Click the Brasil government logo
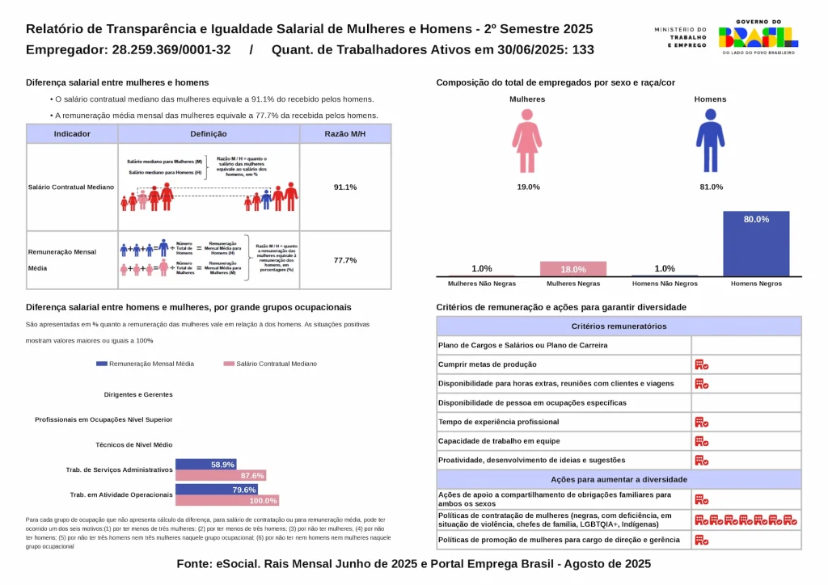pyautogui.click(x=758, y=36)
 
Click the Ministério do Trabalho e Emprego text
pyautogui.click(x=680, y=36)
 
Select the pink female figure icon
pyautogui.click(x=527, y=141)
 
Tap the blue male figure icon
pyautogui.click(x=710, y=141)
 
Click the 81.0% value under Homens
pyautogui.click(x=711, y=187)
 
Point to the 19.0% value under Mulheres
pyautogui.click(x=528, y=187)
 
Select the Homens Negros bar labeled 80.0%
pyautogui.click(x=756, y=243)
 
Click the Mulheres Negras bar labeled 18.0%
pyautogui.click(x=573, y=269)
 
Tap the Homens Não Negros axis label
pyautogui.click(x=665, y=284)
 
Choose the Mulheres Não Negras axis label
pyautogui.click(x=482, y=284)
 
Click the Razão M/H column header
pyautogui.click(x=345, y=134)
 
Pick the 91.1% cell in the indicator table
pyautogui.click(x=345, y=187)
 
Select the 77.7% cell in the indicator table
pyautogui.click(x=345, y=260)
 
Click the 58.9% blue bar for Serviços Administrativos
pyautogui.click(x=205, y=465)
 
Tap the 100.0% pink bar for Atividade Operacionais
pyautogui.click(x=227, y=501)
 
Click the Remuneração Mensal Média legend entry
pyautogui.click(x=145, y=364)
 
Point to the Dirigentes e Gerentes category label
pyautogui.click(x=138, y=394)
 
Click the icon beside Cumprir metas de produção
pyautogui.click(x=701, y=364)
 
